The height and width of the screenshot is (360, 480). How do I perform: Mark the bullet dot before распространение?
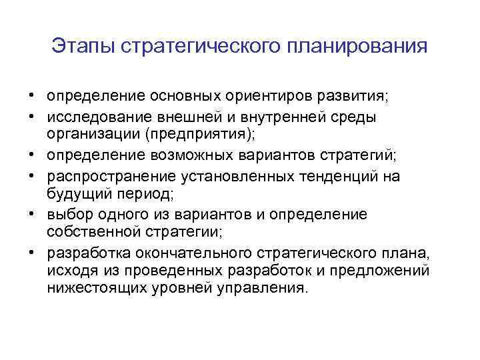pos(33,175)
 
